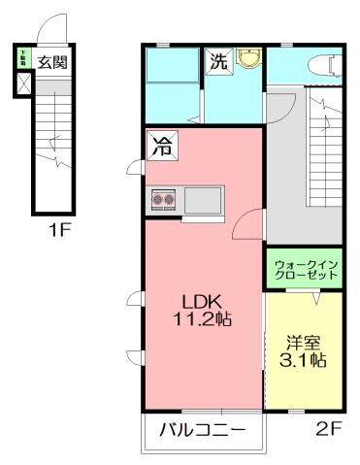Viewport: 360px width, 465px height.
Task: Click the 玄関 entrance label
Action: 52,62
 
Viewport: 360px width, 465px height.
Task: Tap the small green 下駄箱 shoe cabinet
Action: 23,59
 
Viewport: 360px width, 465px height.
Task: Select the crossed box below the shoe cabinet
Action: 23,84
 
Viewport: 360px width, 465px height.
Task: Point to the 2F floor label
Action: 328,428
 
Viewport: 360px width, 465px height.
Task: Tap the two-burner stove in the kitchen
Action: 163,201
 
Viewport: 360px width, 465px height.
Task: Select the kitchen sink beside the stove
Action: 203,201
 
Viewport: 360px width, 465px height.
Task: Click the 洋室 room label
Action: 304,342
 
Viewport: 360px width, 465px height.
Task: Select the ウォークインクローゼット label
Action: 305,269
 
